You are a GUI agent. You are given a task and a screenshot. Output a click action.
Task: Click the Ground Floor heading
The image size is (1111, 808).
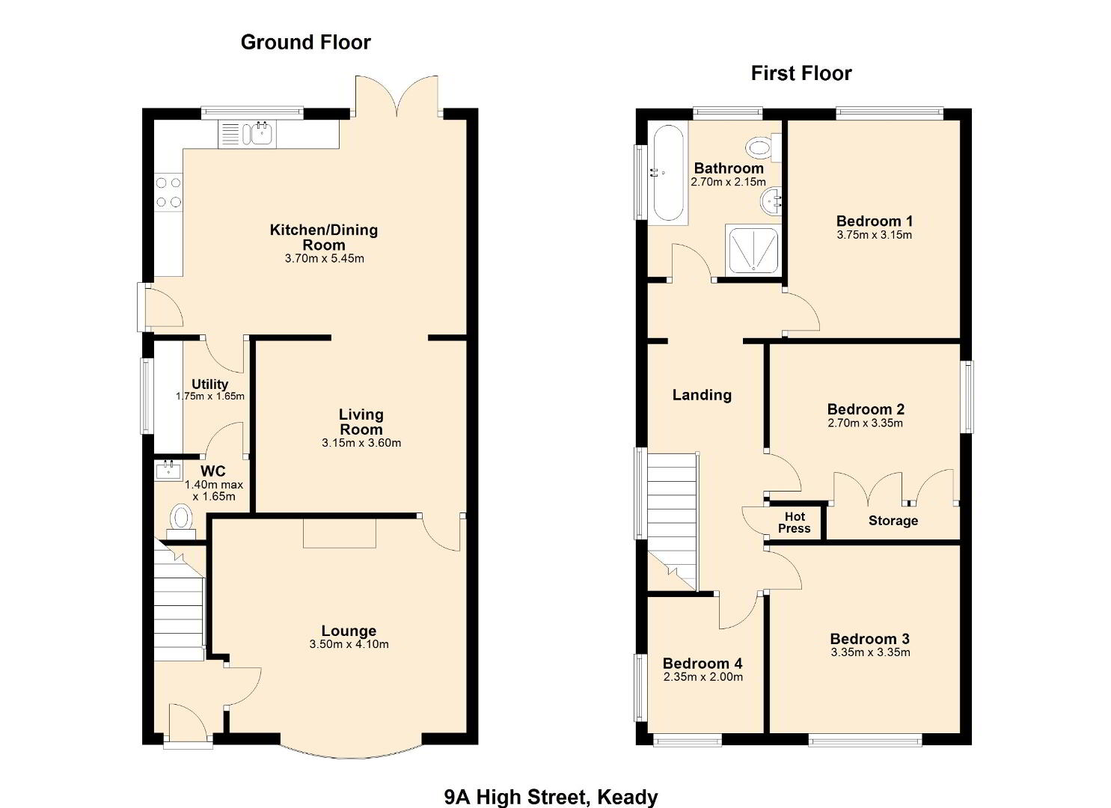[305, 43]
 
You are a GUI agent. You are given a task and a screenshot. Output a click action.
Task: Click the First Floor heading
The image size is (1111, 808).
[801, 73]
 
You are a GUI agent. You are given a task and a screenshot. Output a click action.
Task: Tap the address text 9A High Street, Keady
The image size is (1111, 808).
[551, 797]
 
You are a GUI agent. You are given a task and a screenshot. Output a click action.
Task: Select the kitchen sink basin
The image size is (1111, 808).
[261, 133]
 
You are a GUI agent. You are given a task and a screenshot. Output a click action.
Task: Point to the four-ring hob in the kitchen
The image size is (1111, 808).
[168, 192]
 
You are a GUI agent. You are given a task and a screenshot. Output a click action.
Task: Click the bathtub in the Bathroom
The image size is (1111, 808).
[668, 173]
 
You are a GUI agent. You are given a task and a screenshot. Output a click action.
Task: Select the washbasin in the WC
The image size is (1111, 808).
[168, 470]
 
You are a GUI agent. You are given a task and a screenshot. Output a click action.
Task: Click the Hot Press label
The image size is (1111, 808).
[794, 523]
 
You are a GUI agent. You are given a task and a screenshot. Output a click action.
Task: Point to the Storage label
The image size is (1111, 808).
[893, 521]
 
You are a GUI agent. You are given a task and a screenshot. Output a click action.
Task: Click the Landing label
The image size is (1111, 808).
[702, 395]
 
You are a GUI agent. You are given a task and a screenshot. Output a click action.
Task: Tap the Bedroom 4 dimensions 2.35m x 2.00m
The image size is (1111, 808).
[703, 676]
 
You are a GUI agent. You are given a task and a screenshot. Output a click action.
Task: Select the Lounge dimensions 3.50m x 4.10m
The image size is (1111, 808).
[349, 644]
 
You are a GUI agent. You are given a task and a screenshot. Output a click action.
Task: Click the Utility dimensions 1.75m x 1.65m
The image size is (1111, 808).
[209, 397]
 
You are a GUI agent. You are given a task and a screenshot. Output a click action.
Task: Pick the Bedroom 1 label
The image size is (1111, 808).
[874, 221]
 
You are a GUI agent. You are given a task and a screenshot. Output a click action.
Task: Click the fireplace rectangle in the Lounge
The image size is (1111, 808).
[340, 533]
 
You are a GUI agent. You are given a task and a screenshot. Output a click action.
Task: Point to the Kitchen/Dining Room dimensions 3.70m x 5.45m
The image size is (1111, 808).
[325, 258]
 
